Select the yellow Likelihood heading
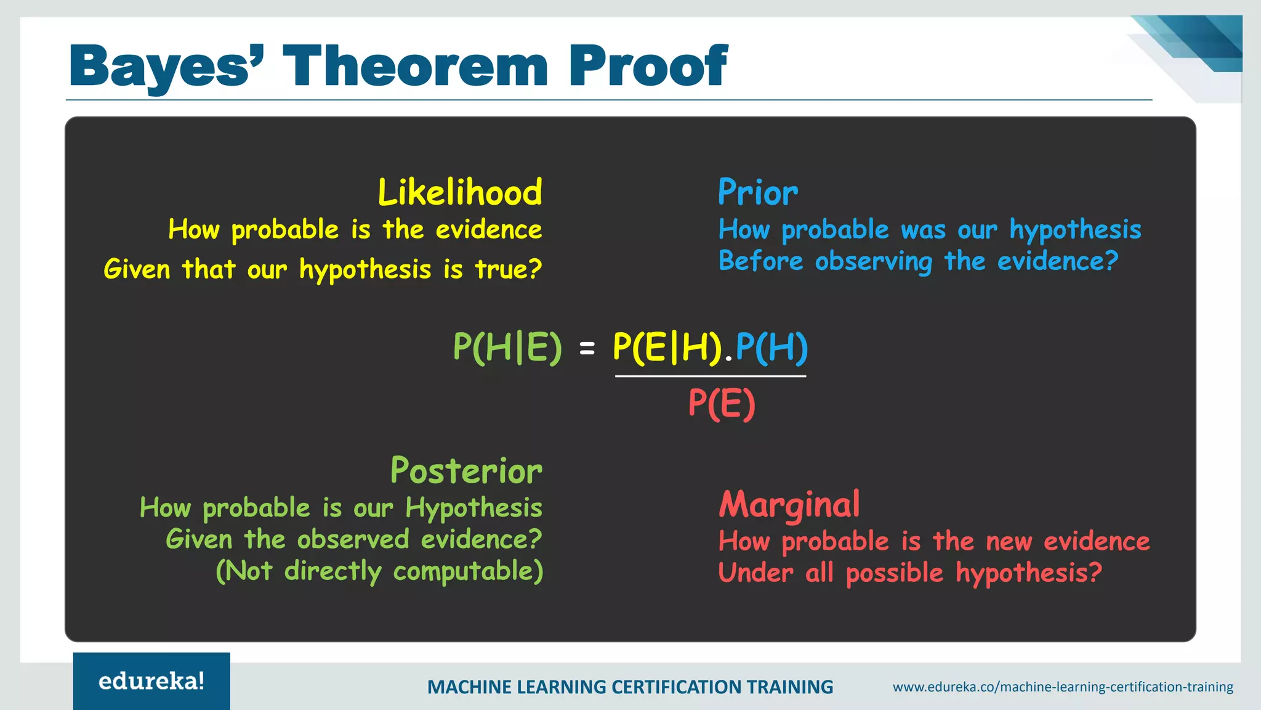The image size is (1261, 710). (x=460, y=192)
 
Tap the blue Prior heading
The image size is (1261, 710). (x=757, y=192)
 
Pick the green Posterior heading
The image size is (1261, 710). (x=466, y=471)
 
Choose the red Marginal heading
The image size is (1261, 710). (x=789, y=505)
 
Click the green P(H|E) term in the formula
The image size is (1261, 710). (x=507, y=348)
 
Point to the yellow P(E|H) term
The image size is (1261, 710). (x=667, y=348)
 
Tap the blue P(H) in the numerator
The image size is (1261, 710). (x=772, y=348)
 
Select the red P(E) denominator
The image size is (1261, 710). (x=722, y=404)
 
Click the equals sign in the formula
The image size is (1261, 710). (x=587, y=349)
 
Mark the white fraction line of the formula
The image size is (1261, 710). (x=710, y=376)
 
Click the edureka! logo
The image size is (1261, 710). (x=151, y=681)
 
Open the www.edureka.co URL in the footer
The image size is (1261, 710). (x=1063, y=687)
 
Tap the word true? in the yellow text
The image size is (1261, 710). (x=508, y=269)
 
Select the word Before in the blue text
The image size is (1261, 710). (x=761, y=261)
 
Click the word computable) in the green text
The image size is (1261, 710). (x=468, y=571)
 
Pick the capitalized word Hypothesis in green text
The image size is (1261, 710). (x=473, y=509)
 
